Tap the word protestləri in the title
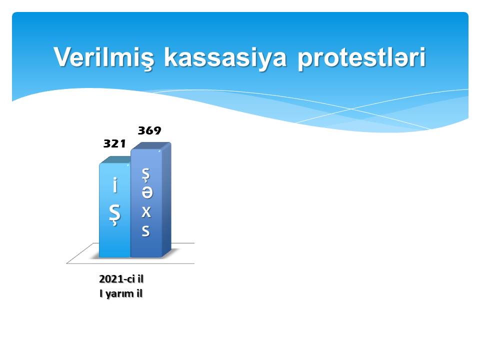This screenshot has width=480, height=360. pos(361,58)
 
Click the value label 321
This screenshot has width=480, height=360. pos(114,143)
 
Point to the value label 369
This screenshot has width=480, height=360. pos(149,130)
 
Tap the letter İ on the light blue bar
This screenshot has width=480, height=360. pos(115,185)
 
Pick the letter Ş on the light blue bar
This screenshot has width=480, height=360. pos(115,215)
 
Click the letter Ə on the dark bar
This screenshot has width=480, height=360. pos(146,192)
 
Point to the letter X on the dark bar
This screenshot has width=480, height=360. pos(146,211)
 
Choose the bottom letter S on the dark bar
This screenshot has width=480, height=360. pos(146,230)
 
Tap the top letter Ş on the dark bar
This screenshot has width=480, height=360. pos(146,175)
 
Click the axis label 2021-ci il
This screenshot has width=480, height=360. pos(121,279)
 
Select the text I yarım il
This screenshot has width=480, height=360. pos(121,294)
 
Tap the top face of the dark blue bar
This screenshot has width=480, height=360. pos(151,146)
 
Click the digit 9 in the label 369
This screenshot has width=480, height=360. pos(157,130)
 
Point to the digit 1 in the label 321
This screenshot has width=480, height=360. pos(123,143)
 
